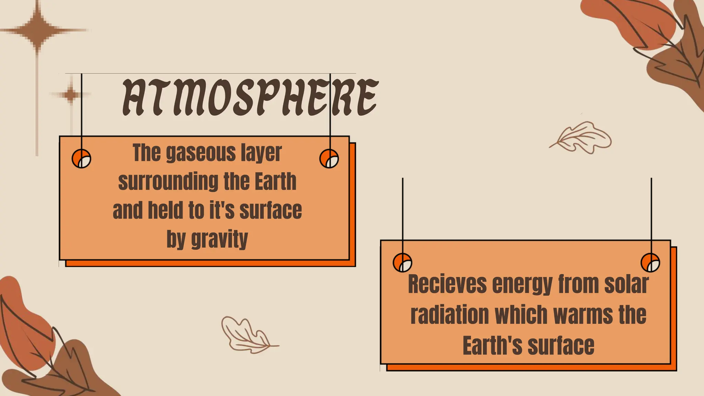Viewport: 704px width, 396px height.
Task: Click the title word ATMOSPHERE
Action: coord(250,97)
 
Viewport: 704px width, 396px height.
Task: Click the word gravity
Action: coord(219,239)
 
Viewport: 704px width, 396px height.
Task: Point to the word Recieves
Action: coord(447,284)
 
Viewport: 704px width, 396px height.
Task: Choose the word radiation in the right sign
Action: coord(450,315)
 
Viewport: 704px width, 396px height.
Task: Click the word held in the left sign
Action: coord(165,210)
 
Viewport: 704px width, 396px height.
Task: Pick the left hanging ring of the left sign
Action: coord(81,159)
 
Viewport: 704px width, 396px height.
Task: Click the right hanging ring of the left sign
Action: coord(329,159)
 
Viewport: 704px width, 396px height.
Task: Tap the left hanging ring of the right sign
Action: coord(402,263)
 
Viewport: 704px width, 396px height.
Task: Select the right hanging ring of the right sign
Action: coord(650,263)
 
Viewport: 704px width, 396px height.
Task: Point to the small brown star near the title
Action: coord(71,94)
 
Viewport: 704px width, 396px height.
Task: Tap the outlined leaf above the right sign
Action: coord(583,137)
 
